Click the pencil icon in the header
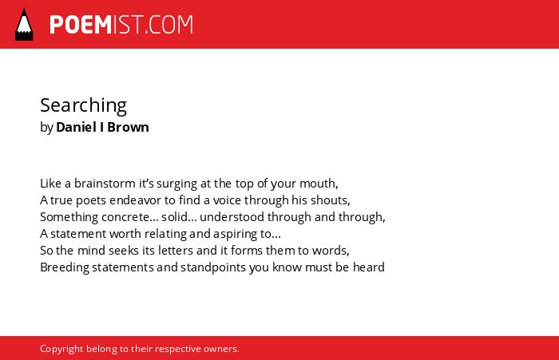pyautogui.click(x=24, y=25)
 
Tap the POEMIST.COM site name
pyautogui.click(x=121, y=25)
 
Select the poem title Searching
pyautogui.click(x=83, y=106)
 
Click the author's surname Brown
pyautogui.click(x=128, y=127)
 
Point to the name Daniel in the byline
pyautogui.click(x=77, y=127)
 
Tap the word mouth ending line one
pyautogui.click(x=319, y=184)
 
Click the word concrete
pyautogui.click(x=129, y=217)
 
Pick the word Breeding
pyautogui.click(x=65, y=268)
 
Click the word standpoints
pyautogui.click(x=213, y=268)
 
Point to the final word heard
pyautogui.click(x=369, y=267)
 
